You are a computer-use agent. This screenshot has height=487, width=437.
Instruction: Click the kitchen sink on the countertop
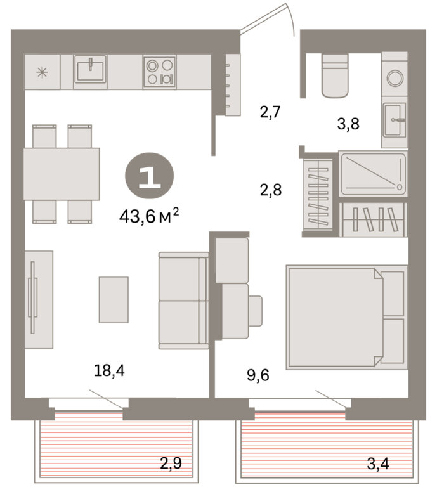[90, 69]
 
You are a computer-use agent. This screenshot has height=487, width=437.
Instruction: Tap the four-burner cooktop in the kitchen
[160, 72]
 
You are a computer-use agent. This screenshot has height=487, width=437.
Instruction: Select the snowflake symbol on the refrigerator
[42, 73]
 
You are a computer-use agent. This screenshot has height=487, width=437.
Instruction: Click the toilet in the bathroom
[335, 75]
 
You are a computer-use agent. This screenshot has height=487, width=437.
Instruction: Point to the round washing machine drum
[395, 77]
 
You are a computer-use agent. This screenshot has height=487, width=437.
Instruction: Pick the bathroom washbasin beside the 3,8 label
[394, 120]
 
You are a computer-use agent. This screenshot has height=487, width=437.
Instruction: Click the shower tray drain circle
[399, 187]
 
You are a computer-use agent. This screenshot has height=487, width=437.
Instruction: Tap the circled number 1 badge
[149, 176]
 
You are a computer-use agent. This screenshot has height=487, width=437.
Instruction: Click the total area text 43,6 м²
[149, 216]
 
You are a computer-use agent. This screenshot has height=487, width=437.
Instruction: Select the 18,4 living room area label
[109, 370]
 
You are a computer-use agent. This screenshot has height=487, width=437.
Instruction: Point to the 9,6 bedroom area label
[258, 375]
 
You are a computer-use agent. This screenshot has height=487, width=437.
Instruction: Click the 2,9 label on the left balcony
[171, 463]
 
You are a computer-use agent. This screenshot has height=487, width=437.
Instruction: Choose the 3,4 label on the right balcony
[378, 464]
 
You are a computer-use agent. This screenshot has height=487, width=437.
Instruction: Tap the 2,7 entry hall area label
[270, 112]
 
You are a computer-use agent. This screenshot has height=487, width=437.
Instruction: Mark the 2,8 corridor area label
[271, 190]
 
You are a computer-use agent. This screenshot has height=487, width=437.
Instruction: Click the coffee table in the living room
[114, 300]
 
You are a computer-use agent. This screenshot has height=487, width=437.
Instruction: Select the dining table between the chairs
[62, 174]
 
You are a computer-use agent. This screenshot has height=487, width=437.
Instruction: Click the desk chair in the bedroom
[256, 311]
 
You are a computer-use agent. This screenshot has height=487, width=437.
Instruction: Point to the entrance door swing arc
[290, 19]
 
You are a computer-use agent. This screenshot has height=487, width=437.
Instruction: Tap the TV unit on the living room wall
[39, 299]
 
